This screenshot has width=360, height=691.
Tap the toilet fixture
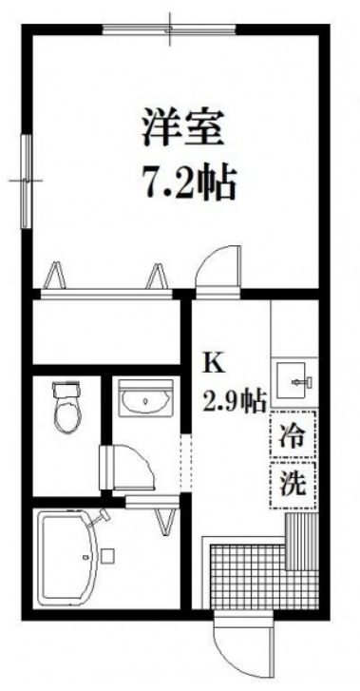click(x=66, y=407)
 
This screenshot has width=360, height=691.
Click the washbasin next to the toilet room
click(x=143, y=405)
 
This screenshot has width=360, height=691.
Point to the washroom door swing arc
click(x=133, y=466)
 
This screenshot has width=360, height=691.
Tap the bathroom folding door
click(x=163, y=514)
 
